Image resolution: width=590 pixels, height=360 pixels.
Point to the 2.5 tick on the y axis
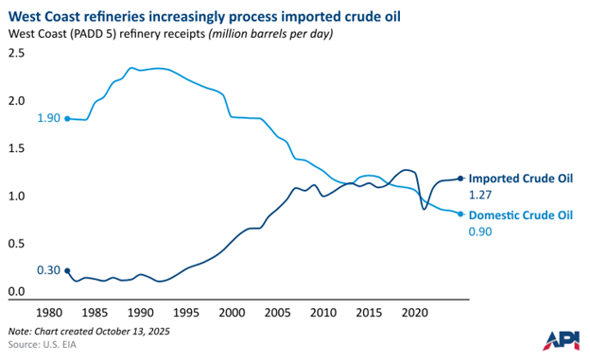(x=16, y=54)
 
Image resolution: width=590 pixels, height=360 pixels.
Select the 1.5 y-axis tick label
(x=16, y=149)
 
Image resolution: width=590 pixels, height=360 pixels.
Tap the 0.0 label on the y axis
(x=16, y=292)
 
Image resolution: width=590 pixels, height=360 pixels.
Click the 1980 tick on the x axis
(x=50, y=312)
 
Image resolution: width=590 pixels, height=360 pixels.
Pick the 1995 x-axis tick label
(x=186, y=312)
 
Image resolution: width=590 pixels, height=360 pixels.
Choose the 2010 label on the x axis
(x=323, y=312)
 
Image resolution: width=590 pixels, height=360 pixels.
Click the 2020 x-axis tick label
(x=415, y=312)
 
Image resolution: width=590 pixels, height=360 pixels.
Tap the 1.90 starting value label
(x=48, y=119)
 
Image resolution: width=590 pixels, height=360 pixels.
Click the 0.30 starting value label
(x=48, y=270)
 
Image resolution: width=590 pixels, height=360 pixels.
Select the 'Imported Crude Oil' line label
(x=521, y=178)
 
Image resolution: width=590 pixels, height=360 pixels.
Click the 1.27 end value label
(x=482, y=196)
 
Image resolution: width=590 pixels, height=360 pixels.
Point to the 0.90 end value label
(x=482, y=232)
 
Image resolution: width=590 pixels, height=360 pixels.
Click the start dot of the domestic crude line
(x=67, y=119)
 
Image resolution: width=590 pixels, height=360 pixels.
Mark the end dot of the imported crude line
(x=460, y=178)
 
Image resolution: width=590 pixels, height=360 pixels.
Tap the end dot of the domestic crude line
(x=460, y=214)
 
